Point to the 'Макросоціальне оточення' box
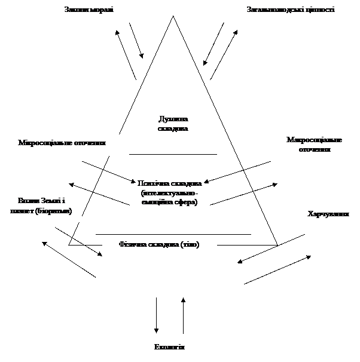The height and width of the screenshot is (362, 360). tap(314, 145)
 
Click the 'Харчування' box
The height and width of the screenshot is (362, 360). tap(328, 214)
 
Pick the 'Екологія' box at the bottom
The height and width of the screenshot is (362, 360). tap(170, 348)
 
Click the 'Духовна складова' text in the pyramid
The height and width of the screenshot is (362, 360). tap(173, 124)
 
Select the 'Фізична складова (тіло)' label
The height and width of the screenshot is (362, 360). tap(159, 245)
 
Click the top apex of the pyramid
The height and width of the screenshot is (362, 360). tap(173, 18)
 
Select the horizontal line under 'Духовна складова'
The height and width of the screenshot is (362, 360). tap(173, 154)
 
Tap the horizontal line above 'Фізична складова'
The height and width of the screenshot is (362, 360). tap(173, 234)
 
